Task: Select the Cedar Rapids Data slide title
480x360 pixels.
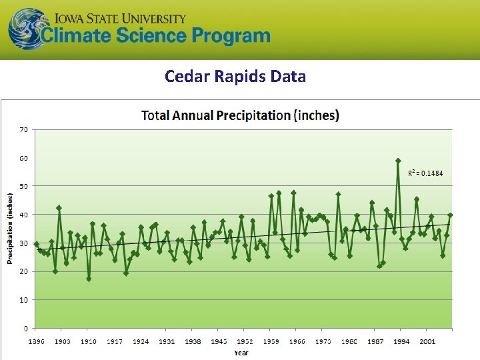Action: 235,76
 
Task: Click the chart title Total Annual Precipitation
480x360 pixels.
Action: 240,115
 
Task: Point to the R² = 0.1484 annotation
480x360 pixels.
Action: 425,173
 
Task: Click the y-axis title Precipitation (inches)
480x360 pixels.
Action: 11,228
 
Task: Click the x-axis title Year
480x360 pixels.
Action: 241,353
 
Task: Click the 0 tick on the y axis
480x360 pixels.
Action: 25,329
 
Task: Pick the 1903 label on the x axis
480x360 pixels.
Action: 62,342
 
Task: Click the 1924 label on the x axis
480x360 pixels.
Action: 141,342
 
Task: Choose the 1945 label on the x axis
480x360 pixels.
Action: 219,342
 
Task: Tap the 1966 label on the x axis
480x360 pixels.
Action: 297,342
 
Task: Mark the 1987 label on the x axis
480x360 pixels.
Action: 375,342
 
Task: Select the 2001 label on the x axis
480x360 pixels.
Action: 427,342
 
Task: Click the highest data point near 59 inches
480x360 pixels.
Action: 398,161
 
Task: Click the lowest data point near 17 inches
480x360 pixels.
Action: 89,279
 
